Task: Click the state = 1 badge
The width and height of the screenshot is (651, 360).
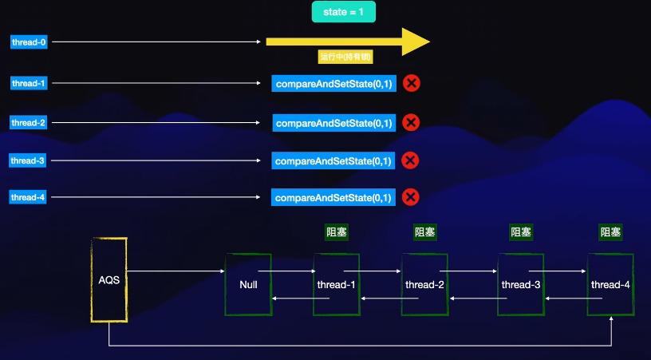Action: point(343,12)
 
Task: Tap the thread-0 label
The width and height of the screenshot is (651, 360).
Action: point(29,42)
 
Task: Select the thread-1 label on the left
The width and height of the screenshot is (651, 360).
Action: point(29,83)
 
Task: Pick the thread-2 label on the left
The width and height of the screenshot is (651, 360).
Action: point(29,123)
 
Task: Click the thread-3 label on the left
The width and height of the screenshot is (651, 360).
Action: point(29,160)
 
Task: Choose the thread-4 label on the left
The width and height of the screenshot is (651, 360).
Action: point(29,197)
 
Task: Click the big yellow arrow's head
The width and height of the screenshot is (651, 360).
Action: point(416,42)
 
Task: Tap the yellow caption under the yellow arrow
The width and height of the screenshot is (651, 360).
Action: point(346,58)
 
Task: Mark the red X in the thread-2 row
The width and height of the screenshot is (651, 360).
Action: point(411,123)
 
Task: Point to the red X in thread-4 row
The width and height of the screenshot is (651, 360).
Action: point(411,197)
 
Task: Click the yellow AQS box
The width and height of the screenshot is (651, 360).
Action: point(109,280)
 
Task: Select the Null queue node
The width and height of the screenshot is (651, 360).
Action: point(247,285)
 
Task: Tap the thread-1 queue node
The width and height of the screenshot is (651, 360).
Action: point(336,285)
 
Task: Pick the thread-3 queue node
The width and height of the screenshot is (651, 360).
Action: point(520,285)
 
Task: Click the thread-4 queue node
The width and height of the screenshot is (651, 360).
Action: point(610,285)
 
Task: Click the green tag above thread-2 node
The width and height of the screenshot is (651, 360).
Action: point(425,232)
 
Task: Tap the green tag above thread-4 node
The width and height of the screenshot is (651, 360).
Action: point(611,232)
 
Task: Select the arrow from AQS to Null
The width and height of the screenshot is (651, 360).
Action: point(176,272)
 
